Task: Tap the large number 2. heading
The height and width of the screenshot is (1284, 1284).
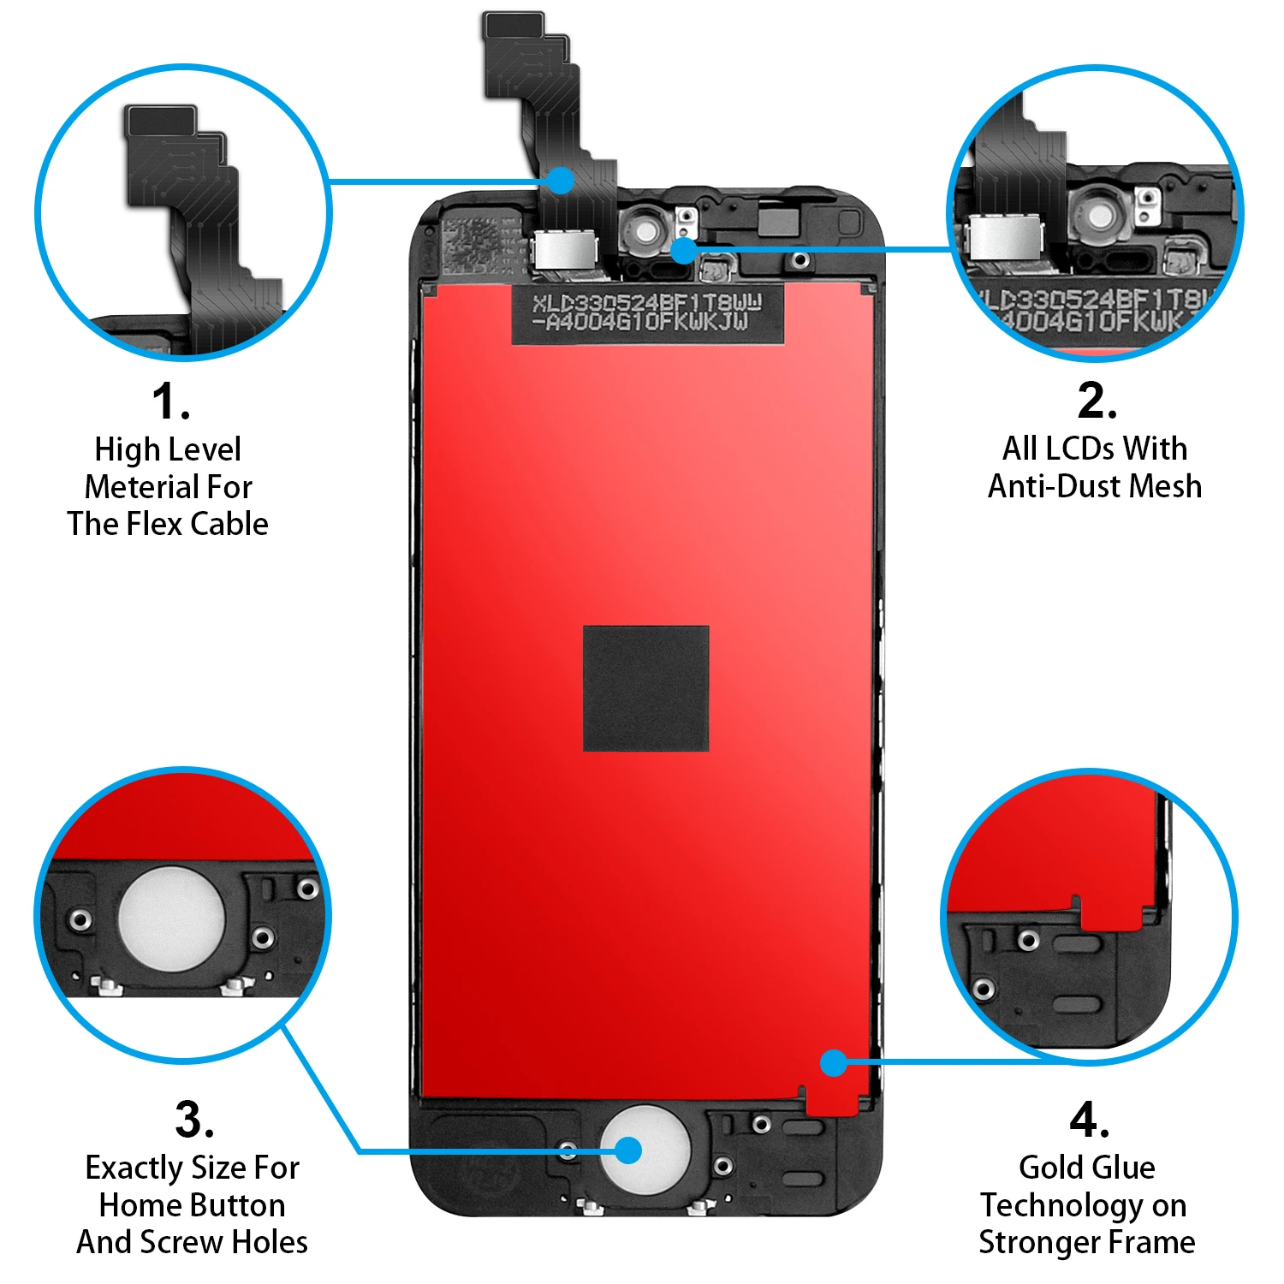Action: [1097, 401]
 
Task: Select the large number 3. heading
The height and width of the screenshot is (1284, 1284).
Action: [194, 1120]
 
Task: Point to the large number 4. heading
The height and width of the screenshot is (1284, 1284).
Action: [1089, 1120]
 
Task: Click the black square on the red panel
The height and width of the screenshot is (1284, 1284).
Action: [645, 688]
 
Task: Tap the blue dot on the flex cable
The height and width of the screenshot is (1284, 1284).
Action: [561, 181]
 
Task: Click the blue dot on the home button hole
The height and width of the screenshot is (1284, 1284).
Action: [628, 1150]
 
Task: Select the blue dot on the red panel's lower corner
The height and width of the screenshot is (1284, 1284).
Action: [833, 1063]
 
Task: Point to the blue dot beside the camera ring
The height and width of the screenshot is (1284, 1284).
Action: [683, 251]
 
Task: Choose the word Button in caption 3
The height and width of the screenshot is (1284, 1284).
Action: [241, 1205]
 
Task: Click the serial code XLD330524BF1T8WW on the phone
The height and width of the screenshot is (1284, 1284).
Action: [646, 302]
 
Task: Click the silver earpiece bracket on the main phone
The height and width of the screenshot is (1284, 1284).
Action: [565, 249]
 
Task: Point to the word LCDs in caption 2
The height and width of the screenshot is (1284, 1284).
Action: [1080, 449]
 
